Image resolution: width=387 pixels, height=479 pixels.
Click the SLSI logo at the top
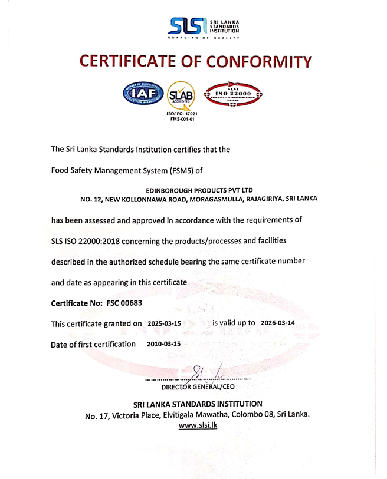pyautogui.click(x=204, y=27)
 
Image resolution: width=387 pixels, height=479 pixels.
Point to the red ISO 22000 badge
pyautogui.click(x=233, y=94)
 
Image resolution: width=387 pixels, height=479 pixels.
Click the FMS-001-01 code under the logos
pyautogui.click(x=182, y=118)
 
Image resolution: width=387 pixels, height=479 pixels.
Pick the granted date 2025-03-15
pyautogui.click(x=165, y=324)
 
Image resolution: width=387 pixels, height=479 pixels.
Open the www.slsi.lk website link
pyautogui.click(x=198, y=425)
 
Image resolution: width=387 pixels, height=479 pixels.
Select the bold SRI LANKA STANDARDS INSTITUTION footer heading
pyautogui.click(x=198, y=404)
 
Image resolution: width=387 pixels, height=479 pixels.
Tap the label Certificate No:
pyautogui.click(x=76, y=303)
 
